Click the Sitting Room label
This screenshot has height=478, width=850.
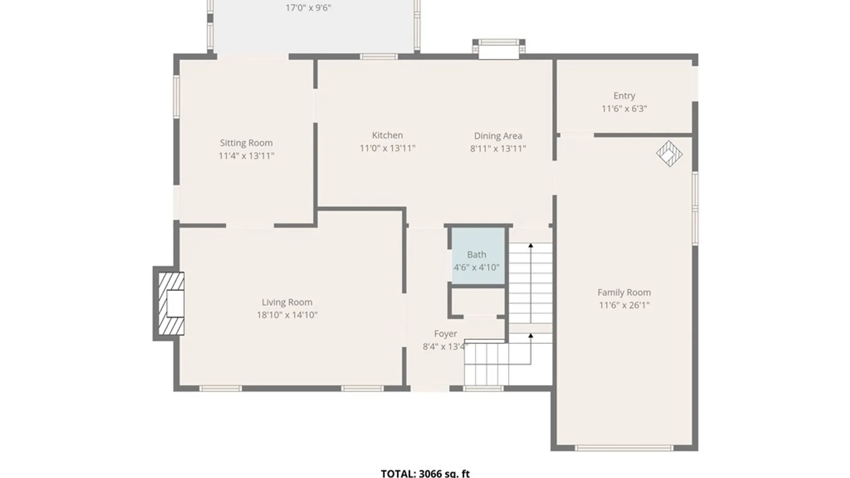[x=246, y=143]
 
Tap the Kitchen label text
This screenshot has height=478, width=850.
[x=387, y=135]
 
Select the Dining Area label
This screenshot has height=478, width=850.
[x=498, y=136]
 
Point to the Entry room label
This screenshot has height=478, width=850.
[x=624, y=96]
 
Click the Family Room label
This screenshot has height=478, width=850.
[x=624, y=293]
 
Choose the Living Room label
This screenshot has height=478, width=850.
[x=287, y=302]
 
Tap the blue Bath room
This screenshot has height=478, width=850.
[x=478, y=256]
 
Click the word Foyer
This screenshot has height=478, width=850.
[x=445, y=334]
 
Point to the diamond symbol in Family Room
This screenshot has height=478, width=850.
[x=669, y=154]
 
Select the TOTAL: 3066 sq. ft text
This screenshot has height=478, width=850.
[x=425, y=473]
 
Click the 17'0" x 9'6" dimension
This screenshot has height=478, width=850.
[x=308, y=8]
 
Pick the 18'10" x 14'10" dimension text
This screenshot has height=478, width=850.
[x=287, y=315]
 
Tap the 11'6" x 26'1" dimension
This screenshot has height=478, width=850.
[x=624, y=305]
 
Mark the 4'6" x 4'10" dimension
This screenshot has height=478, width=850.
[x=476, y=267]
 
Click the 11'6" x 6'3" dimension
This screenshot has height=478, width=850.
[x=624, y=109]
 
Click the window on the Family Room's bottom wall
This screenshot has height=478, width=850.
[x=624, y=448]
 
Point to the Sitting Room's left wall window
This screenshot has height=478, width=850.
[x=176, y=96]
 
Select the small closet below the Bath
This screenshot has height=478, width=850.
[x=478, y=302]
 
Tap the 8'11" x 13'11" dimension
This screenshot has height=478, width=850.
[x=498, y=149]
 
